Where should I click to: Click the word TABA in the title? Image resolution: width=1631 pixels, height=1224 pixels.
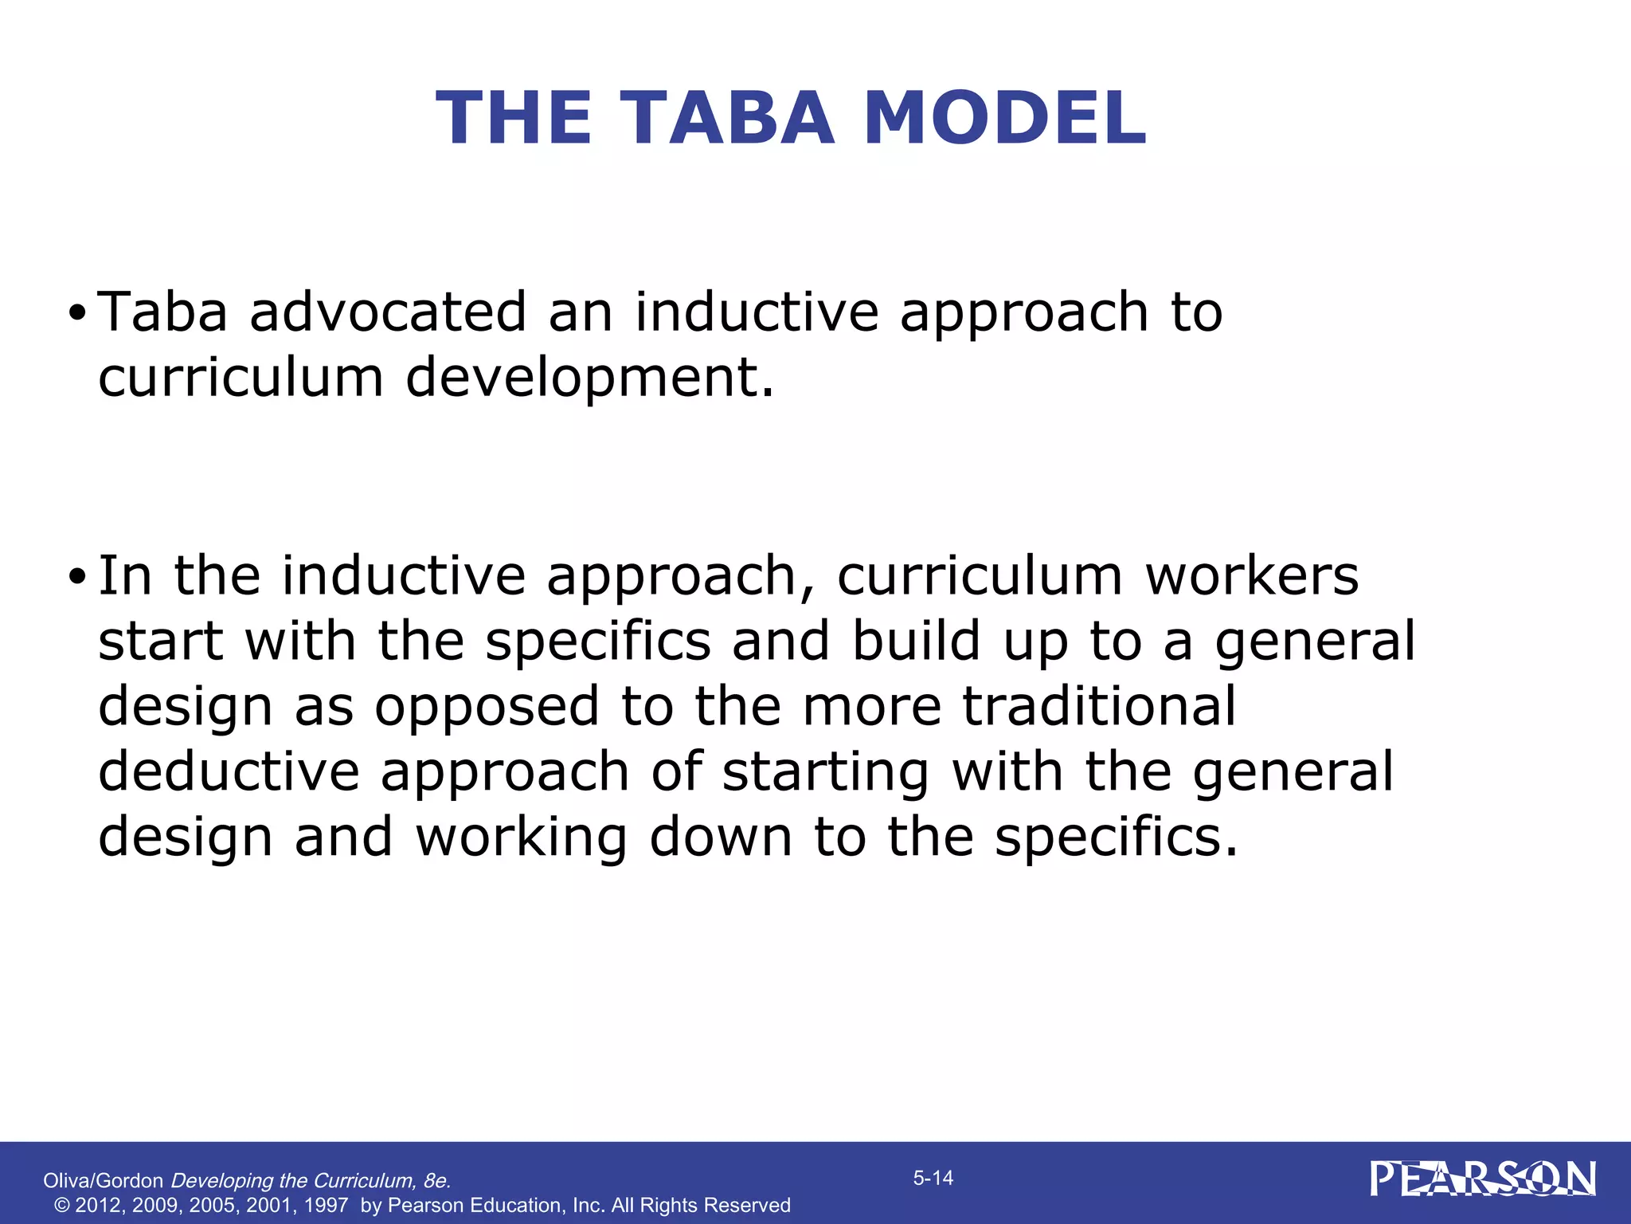(x=724, y=118)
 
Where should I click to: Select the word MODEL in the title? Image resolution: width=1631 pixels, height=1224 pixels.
(x=1005, y=118)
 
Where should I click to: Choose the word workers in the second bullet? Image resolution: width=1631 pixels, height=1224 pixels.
(x=1252, y=575)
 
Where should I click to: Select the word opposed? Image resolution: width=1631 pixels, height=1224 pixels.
(x=487, y=708)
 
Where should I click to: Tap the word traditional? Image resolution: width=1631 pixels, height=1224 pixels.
(x=1099, y=706)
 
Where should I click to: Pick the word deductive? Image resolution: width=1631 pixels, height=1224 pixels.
(x=229, y=771)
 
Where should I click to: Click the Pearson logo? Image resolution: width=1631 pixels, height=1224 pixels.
(x=1483, y=1179)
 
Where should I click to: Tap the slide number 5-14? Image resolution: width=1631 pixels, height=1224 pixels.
(x=933, y=1178)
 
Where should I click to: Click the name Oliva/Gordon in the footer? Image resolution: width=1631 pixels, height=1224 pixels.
(x=103, y=1181)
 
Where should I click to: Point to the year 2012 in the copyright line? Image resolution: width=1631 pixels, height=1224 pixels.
(x=100, y=1205)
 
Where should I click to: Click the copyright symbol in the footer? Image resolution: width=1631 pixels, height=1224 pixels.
(x=61, y=1205)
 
